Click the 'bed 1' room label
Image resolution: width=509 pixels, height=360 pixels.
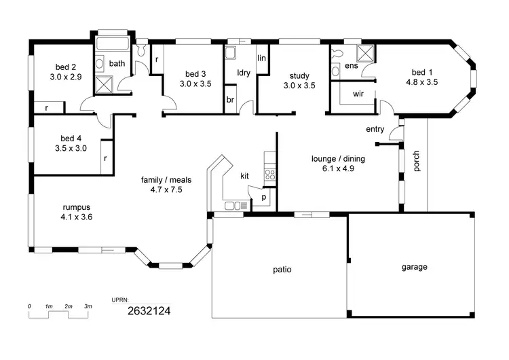421,72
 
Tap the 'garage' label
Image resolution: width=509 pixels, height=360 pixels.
414,267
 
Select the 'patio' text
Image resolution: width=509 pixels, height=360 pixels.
282,269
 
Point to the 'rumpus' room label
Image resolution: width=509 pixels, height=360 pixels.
77,207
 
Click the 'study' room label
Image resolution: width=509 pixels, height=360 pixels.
299,76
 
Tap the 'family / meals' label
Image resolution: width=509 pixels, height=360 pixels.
162,179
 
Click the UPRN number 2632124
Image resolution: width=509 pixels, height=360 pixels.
149,311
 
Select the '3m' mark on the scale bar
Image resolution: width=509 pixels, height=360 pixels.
88,307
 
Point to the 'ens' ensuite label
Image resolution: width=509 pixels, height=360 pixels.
351,66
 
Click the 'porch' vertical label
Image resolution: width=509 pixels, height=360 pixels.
417,161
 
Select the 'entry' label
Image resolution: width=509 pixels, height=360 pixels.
375,129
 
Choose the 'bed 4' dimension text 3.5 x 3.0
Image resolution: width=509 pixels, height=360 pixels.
71,147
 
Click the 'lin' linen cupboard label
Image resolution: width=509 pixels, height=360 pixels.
261,58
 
